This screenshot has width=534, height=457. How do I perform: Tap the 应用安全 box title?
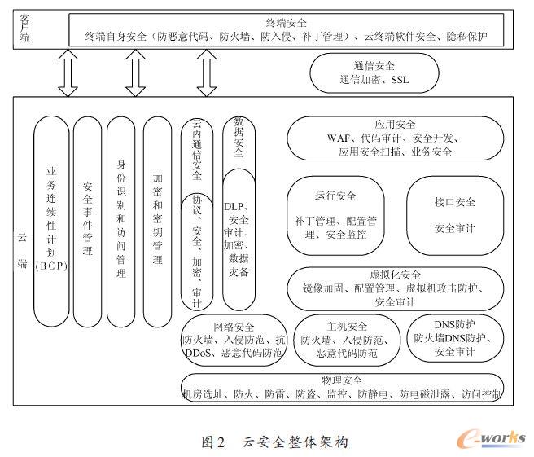point(396,125)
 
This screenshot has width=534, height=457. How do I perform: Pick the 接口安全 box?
point(454,215)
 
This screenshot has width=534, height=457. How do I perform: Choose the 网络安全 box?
point(234,341)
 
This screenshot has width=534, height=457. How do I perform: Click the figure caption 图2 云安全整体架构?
point(275,442)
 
